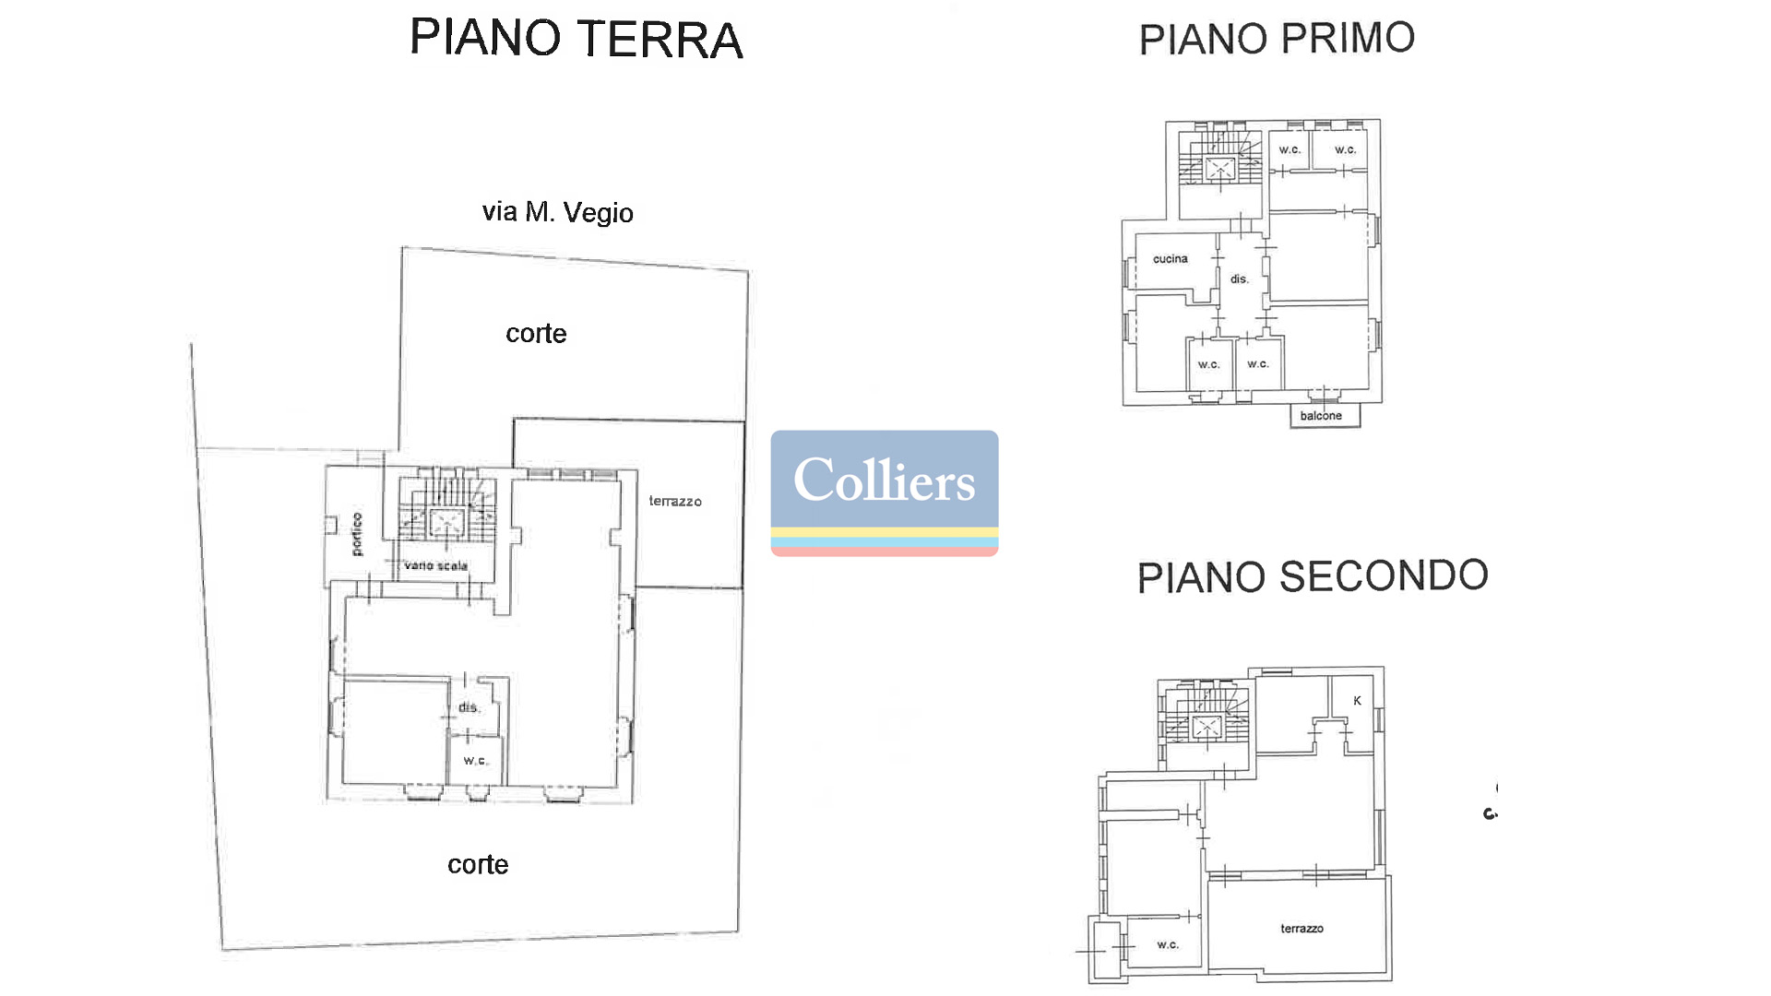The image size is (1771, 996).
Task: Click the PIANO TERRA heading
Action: (576, 39)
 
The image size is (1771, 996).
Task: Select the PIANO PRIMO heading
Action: (1277, 39)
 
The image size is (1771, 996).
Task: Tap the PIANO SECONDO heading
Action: (1313, 576)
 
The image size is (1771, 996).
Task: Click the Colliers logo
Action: (885, 493)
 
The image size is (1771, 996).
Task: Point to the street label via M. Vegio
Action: (557, 212)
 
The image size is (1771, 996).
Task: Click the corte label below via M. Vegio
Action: (536, 333)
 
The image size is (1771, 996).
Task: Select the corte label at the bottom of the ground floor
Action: (478, 864)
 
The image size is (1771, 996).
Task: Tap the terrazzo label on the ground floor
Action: (675, 501)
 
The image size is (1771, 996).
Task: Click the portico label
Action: (357, 534)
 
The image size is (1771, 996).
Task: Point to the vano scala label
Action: (435, 565)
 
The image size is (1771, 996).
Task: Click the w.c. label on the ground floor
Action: (476, 761)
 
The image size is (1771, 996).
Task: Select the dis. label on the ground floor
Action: (469, 707)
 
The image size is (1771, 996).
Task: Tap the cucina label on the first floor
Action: (1171, 259)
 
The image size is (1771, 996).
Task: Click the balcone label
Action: (1321, 416)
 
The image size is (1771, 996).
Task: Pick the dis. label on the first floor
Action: (1240, 279)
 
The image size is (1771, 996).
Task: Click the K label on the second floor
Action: (1357, 701)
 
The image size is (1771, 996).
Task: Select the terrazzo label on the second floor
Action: (1302, 929)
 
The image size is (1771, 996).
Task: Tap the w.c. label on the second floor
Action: (1168, 944)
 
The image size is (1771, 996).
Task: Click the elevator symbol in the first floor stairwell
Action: (1219, 168)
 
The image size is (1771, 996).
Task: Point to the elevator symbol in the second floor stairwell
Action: (1206, 727)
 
